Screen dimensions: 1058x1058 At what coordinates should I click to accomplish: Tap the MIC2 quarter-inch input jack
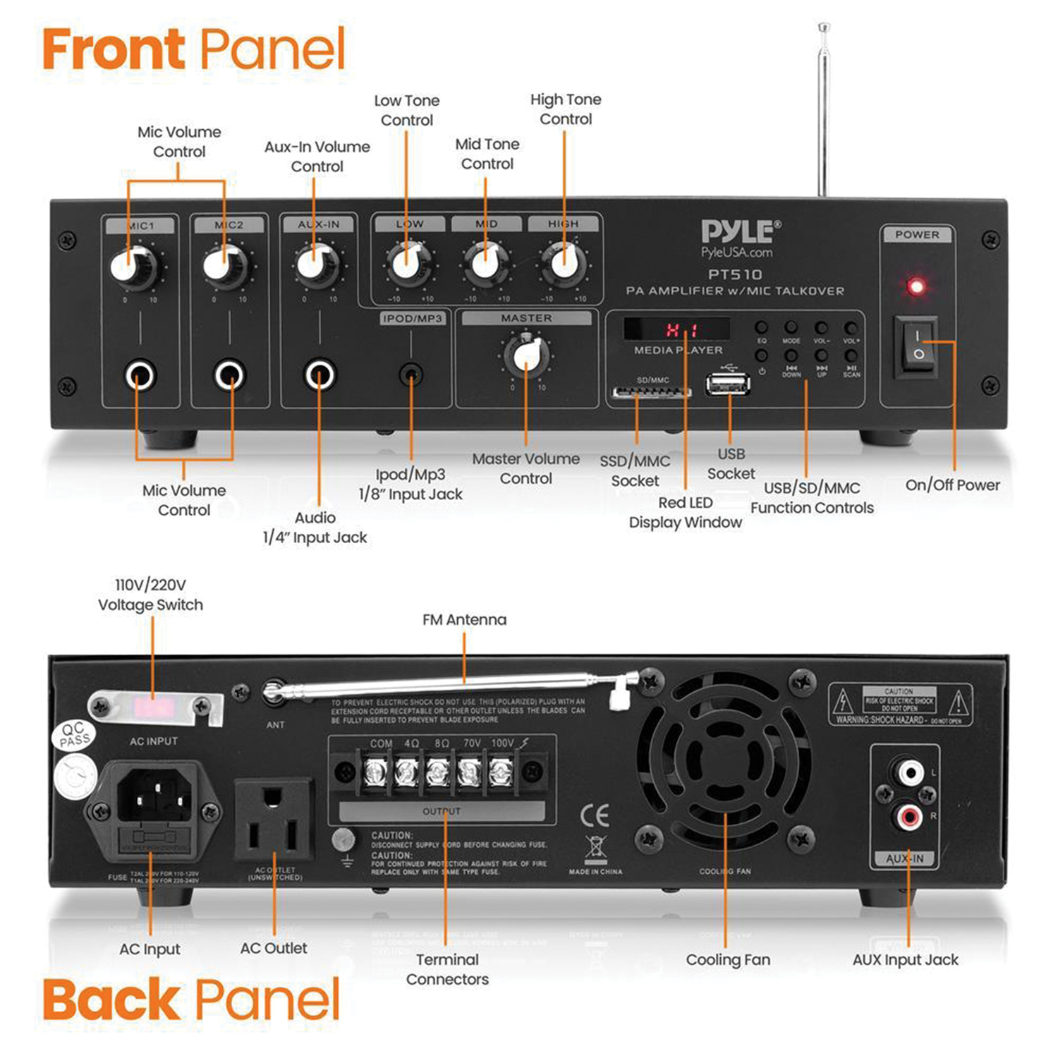point(229,375)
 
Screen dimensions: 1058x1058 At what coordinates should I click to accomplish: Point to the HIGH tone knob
point(564,264)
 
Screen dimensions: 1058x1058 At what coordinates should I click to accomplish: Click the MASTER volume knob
point(527,354)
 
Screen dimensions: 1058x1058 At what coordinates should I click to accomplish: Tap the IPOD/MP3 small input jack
point(411,375)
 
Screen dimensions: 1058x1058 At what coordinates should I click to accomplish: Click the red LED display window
point(677,329)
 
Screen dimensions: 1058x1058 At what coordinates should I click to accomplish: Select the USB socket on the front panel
point(728,384)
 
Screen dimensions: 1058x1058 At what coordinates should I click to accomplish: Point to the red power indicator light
point(916,286)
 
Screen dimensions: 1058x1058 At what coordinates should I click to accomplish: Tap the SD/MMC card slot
point(651,392)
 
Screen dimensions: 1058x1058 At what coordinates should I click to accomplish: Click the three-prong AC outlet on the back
point(273,822)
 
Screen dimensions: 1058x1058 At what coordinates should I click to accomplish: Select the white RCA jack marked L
point(909,773)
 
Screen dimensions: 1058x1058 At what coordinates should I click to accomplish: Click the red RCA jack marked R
point(908,817)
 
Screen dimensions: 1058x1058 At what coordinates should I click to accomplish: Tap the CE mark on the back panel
point(594,815)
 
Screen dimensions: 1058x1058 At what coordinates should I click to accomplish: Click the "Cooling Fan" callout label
point(728,960)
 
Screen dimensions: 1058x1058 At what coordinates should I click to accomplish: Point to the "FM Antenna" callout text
point(464,620)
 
